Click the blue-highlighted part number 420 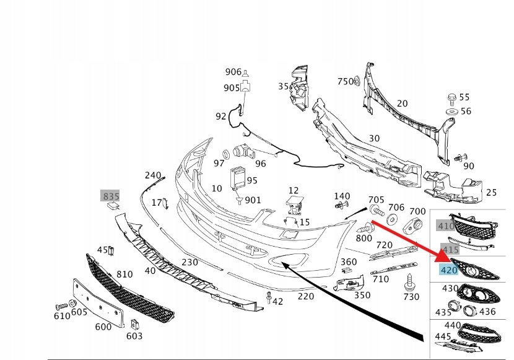click(x=449, y=270)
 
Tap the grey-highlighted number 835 click(x=111, y=196)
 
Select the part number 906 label click(x=233, y=72)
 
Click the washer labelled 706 click(x=391, y=219)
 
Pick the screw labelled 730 click(x=409, y=283)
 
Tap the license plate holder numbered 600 click(x=98, y=302)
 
